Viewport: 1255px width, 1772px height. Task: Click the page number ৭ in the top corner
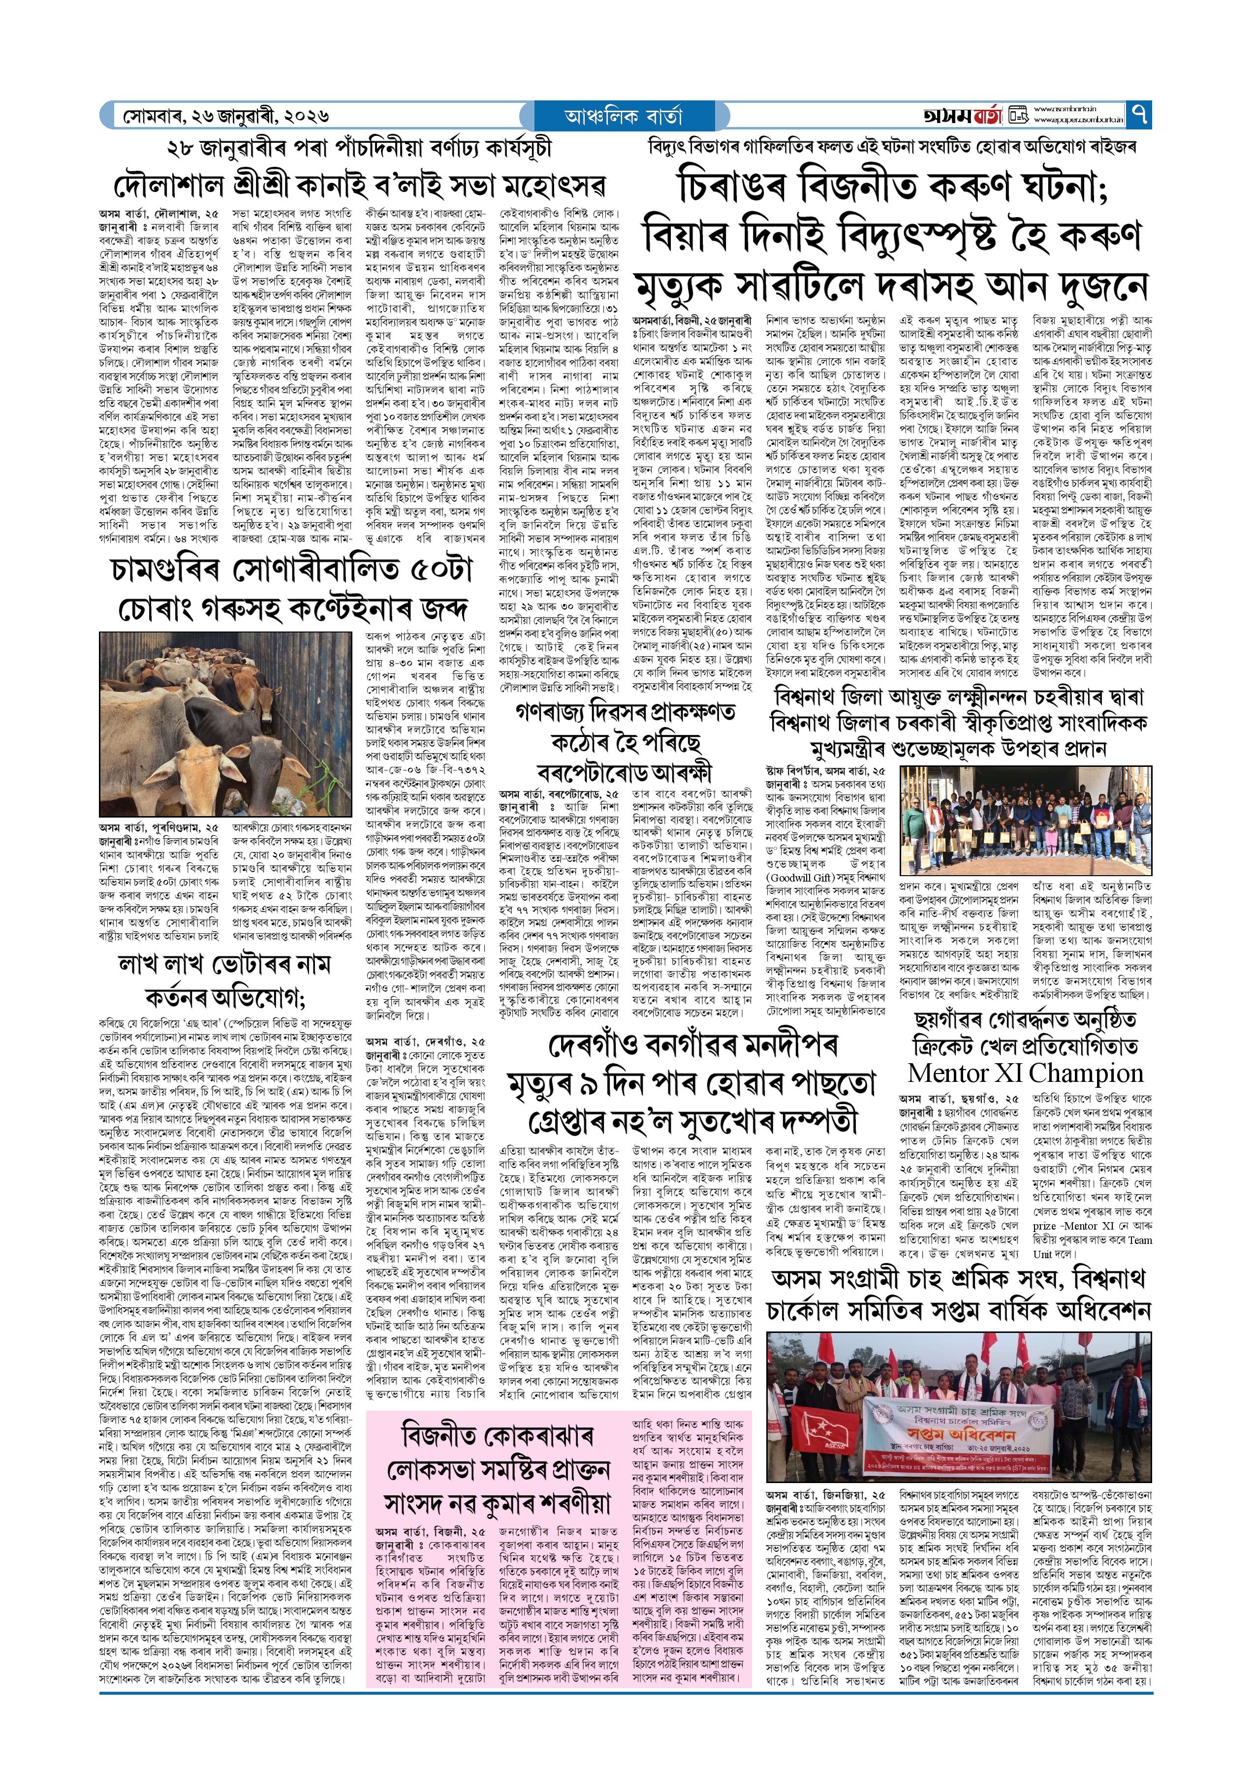(x=1138, y=115)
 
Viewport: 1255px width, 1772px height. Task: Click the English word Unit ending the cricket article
(x=1042, y=1254)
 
